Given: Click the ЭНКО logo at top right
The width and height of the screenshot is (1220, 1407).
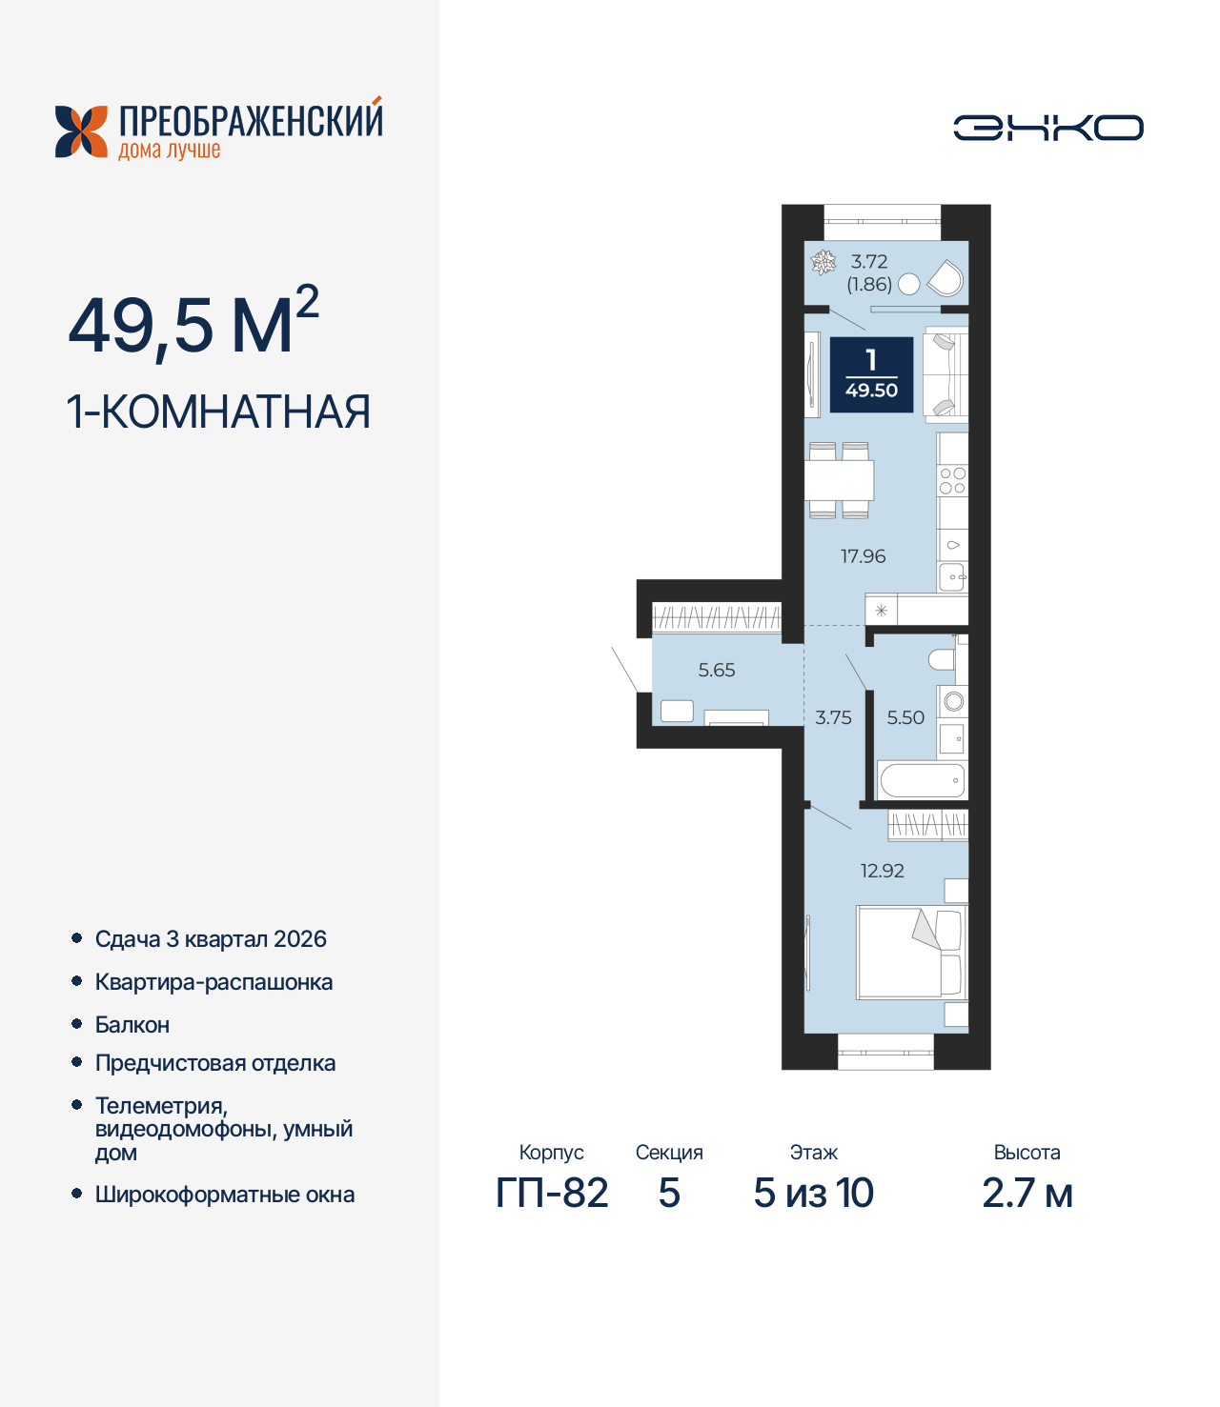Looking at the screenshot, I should (x=1047, y=128).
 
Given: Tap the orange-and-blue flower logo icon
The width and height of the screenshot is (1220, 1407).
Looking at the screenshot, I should (x=81, y=131).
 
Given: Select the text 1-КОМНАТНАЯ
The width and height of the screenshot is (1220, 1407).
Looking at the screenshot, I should (x=218, y=412).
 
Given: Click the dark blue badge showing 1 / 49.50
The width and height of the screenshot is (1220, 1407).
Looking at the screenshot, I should (x=871, y=375).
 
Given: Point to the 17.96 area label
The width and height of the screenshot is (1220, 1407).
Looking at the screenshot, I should (x=863, y=556).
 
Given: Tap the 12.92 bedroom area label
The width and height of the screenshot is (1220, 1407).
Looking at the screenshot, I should (x=882, y=871).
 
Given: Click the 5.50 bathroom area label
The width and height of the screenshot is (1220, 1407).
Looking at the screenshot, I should (x=905, y=718).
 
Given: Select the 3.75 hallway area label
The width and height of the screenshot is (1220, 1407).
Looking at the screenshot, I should (x=833, y=718).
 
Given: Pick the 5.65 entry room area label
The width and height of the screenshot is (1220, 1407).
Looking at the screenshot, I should (x=717, y=671).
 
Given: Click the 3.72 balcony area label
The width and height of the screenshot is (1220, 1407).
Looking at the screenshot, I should (x=869, y=262).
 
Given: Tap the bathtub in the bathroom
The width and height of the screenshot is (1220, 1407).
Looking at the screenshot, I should (x=922, y=781).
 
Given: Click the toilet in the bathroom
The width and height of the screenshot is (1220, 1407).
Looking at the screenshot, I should (x=942, y=659).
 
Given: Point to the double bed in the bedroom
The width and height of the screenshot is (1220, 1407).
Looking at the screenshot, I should (x=911, y=952).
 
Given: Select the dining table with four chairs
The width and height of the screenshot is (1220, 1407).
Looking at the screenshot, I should (x=839, y=480).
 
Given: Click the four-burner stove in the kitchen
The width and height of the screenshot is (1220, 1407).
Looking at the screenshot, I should (x=952, y=481).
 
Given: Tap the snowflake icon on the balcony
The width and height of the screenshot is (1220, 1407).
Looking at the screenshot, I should (x=823, y=262).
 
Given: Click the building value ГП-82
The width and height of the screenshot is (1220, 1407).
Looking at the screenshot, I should (x=552, y=1194).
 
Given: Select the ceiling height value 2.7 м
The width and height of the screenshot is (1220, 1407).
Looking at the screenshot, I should (x=1027, y=1194).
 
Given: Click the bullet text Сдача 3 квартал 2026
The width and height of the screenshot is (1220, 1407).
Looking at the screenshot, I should (x=211, y=939).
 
